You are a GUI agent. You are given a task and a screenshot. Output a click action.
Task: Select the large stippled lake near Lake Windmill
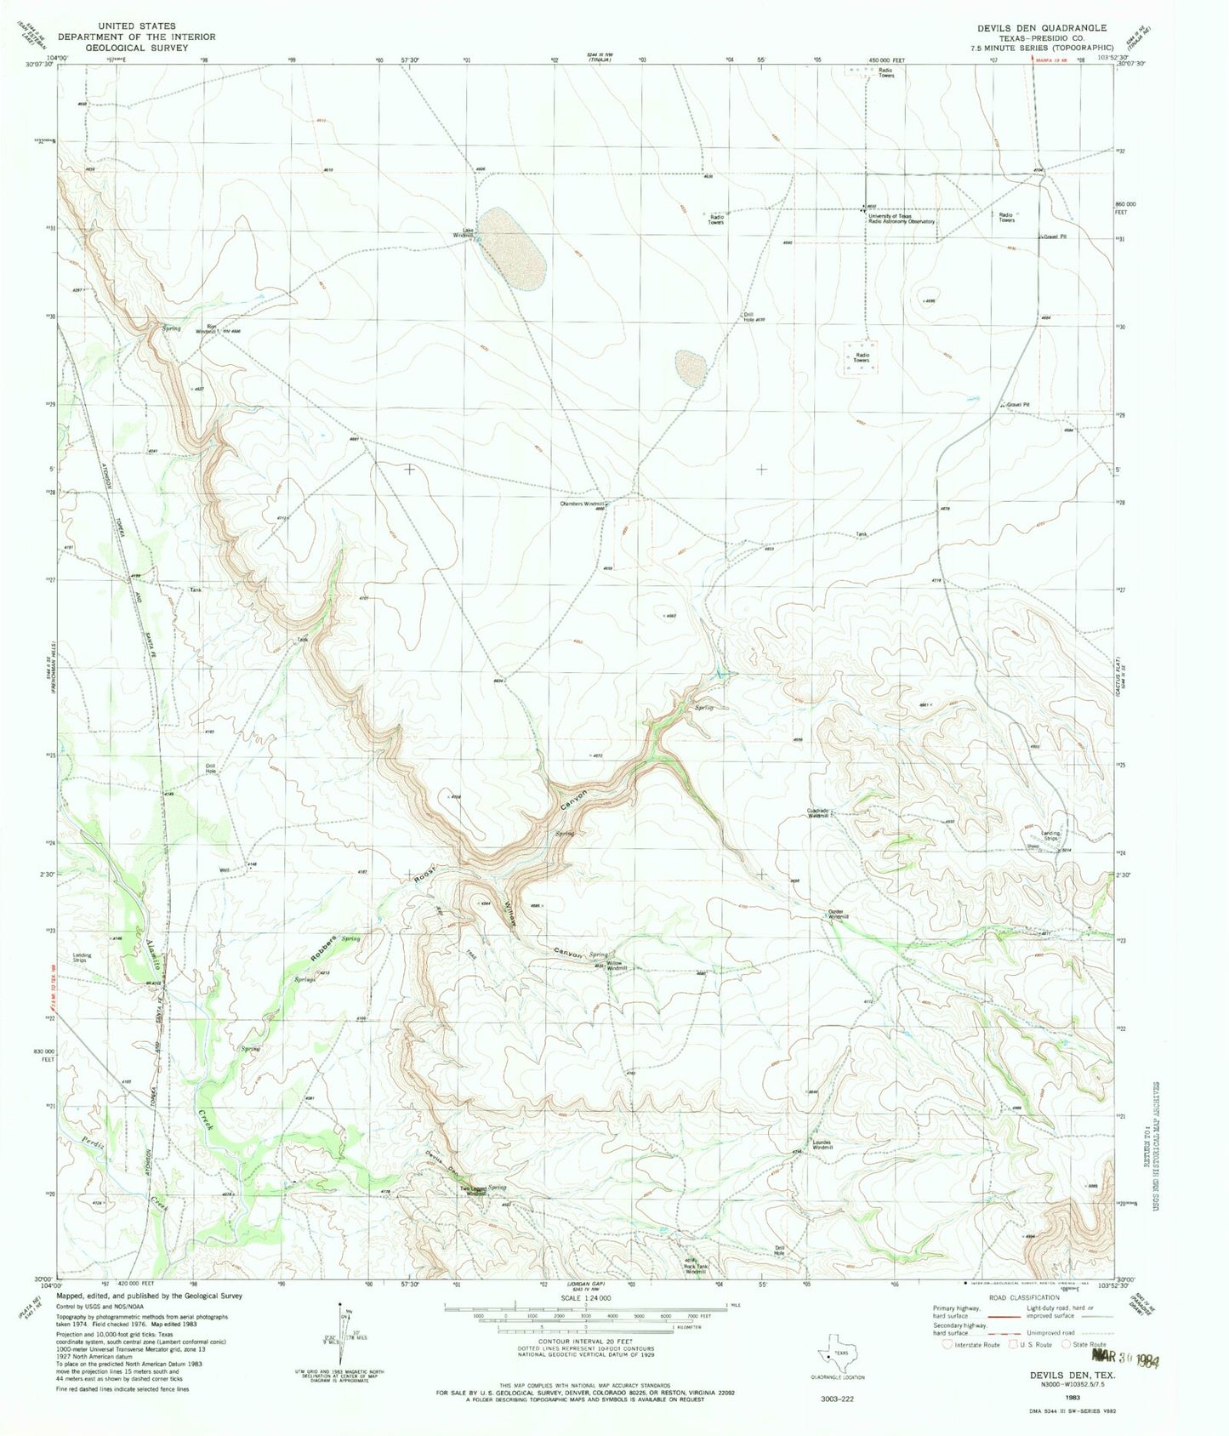pyautogui.click(x=510, y=246)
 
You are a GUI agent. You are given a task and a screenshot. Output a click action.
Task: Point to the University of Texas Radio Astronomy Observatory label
pyautogui.click(x=901, y=219)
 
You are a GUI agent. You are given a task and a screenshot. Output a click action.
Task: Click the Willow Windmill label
pyautogui.click(x=617, y=968)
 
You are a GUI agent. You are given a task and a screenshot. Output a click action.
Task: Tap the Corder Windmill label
pyautogui.click(x=838, y=915)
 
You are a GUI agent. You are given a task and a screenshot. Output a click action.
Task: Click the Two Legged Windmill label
pyautogui.click(x=473, y=1190)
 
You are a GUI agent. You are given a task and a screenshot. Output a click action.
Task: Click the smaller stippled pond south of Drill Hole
pyautogui.click(x=691, y=368)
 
